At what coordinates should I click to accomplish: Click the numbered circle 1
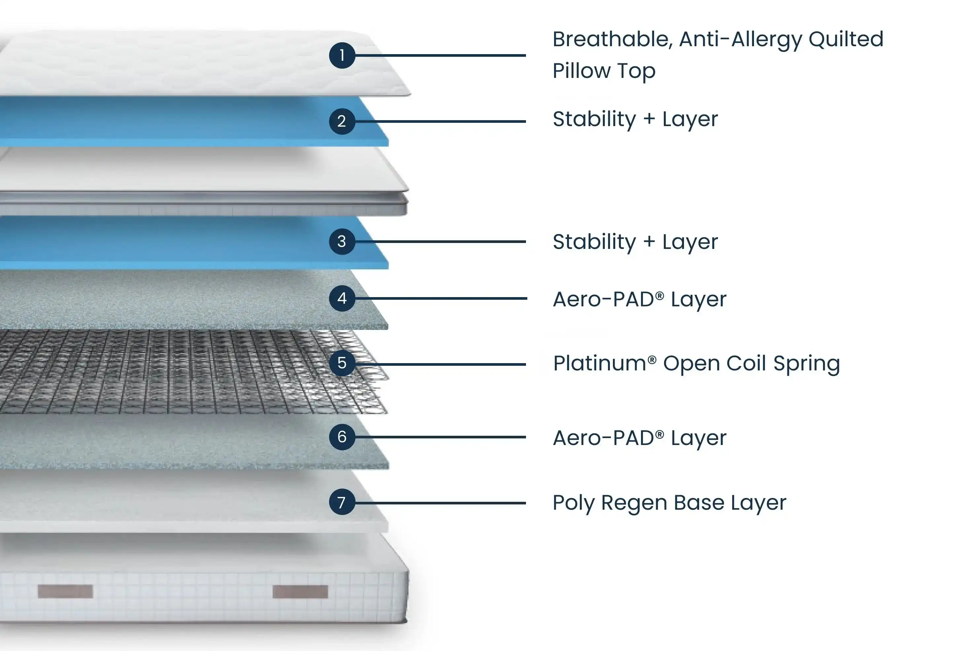(x=342, y=55)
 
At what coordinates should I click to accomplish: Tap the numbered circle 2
(x=342, y=121)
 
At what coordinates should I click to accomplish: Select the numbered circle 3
(x=342, y=241)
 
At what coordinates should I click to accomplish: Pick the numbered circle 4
(x=342, y=298)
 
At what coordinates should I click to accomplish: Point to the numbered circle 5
(x=342, y=363)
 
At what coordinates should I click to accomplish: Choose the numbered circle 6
(x=342, y=437)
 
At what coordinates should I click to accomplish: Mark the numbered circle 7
(x=342, y=502)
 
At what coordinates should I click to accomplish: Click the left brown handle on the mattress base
(x=65, y=591)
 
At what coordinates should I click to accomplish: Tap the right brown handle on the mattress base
(x=300, y=591)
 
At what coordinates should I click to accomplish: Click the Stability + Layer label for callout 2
(x=635, y=120)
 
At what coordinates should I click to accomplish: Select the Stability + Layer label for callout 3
(x=635, y=242)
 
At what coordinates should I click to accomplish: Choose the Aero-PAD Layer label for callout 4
(x=639, y=299)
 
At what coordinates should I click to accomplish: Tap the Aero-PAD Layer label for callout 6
(x=639, y=438)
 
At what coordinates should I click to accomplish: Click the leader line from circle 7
(x=440, y=503)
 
